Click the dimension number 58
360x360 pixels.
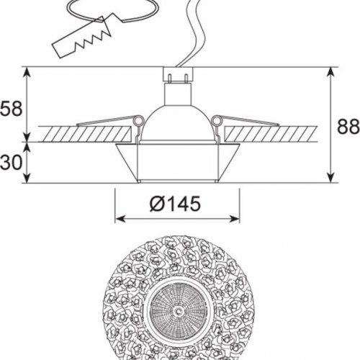click(12, 109)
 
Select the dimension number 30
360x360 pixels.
click(12, 163)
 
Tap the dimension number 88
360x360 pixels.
click(348, 127)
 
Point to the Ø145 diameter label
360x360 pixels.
click(175, 204)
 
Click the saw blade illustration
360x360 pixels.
click(81, 38)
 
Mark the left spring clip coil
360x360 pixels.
click(139, 121)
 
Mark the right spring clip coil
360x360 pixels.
click(217, 121)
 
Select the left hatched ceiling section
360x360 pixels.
click(85, 133)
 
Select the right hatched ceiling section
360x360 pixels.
click(271, 133)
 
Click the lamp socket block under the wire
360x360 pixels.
click(178, 74)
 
